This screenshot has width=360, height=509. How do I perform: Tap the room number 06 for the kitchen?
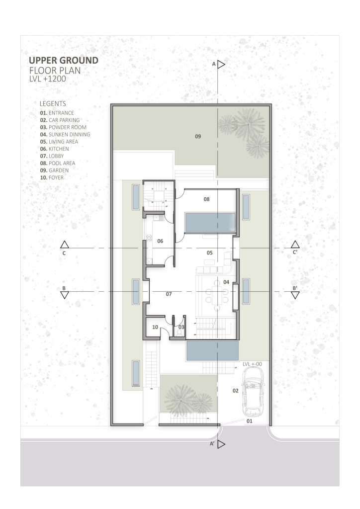point(160,241)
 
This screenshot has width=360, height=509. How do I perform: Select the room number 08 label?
point(206,199)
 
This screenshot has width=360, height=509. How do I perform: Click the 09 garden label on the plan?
point(198,136)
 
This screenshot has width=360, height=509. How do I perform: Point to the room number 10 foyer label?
point(155,327)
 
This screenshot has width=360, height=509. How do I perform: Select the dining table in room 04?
point(217,294)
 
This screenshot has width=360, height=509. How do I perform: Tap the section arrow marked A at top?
point(221,65)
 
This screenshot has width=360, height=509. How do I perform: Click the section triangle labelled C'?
point(295,245)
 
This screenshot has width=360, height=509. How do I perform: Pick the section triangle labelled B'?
point(295,295)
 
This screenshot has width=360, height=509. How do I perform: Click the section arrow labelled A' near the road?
point(221,444)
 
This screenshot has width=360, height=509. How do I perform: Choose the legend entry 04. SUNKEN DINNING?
point(65,134)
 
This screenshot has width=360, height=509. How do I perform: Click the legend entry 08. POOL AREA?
point(58,163)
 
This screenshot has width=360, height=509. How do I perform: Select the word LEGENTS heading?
point(53,103)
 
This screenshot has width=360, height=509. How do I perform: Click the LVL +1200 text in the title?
point(47,79)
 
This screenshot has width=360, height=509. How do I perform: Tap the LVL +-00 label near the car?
point(252,364)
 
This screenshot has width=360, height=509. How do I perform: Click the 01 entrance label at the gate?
point(249,421)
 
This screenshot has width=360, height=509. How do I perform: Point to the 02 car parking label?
point(235,391)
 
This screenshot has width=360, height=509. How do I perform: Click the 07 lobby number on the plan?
point(169,294)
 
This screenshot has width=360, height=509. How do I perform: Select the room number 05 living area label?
point(210,253)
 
